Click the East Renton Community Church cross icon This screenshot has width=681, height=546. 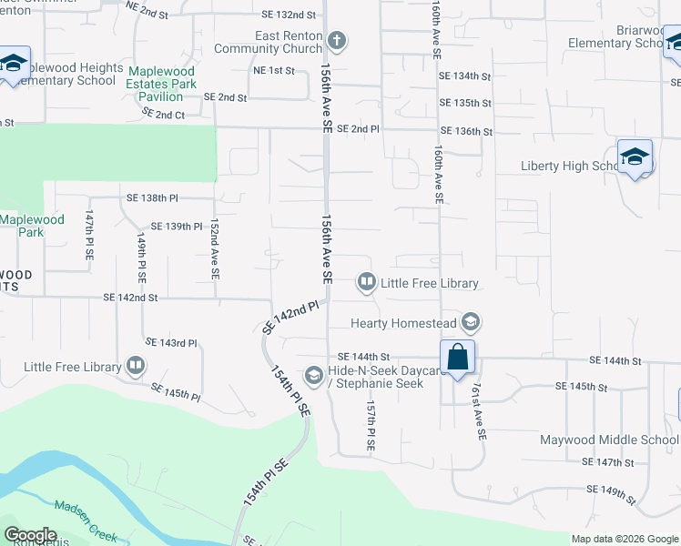[x=337, y=41]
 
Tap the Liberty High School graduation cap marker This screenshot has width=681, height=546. [x=635, y=157]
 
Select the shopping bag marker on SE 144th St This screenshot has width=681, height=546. [x=457, y=357]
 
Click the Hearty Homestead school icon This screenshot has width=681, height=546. [x=470, y=321]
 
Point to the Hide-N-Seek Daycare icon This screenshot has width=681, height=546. [x=314, y=375]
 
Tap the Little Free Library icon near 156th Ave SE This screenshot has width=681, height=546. [x=366, y=283]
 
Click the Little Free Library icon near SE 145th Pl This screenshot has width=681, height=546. [x=136, y=367]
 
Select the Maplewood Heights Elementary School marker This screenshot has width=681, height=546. [x=14, y=64]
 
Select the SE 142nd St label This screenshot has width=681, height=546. [x=130, y=298]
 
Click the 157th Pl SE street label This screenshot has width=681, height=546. [x=371, y=427]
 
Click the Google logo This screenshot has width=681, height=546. [x=29, y=535]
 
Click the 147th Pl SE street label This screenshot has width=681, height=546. [x=89, y=238]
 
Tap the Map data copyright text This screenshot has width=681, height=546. [x=624, y=539]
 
